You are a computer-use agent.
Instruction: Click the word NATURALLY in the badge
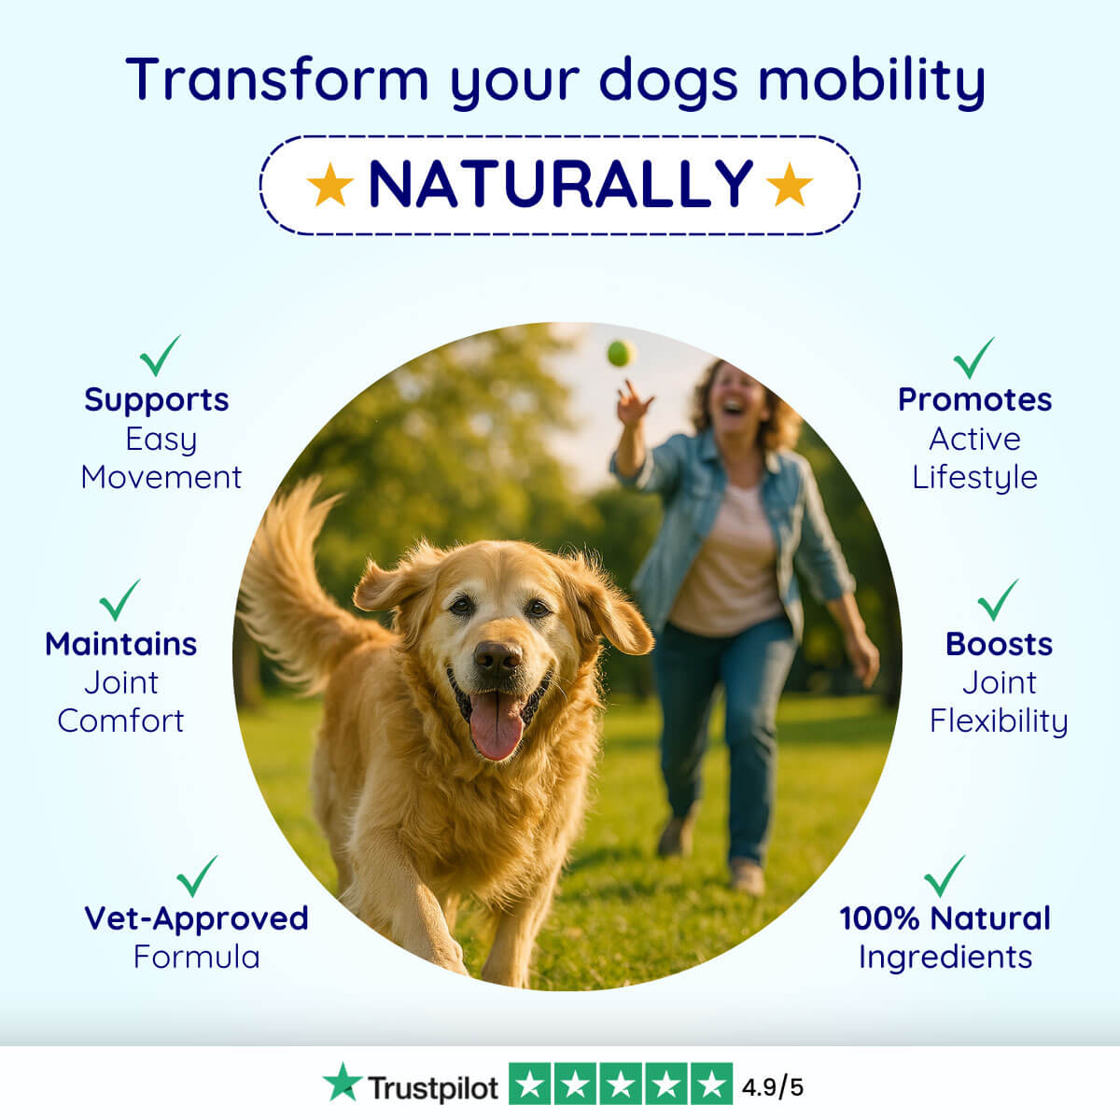click(x=561, y=184)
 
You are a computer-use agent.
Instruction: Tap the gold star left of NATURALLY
click(x=330, y=184)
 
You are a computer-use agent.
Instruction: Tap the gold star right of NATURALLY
click(x=790, y=184)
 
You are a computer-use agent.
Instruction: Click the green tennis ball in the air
click(x=621, y=354)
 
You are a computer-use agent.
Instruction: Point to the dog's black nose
click(x=497, y=658)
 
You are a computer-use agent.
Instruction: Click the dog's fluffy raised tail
click(x=297, y=581)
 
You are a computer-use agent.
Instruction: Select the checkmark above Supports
click(x=160, y=355)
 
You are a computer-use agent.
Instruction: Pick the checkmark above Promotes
click(x=973, y=357)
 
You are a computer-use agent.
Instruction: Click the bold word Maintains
click(x=121, y=644)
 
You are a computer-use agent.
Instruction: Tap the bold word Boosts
click(x=999, y=644)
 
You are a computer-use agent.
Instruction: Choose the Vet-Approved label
click(x=196, y=918)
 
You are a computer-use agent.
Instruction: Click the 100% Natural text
click(x=945, y=918)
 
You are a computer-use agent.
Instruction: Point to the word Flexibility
click(x=999, y=721)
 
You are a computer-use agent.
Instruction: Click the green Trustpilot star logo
click(x=342, y=1082)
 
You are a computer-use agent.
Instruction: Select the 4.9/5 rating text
click(x=773, y=1087)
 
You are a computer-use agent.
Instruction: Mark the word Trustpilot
click(x=433, y=1088)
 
